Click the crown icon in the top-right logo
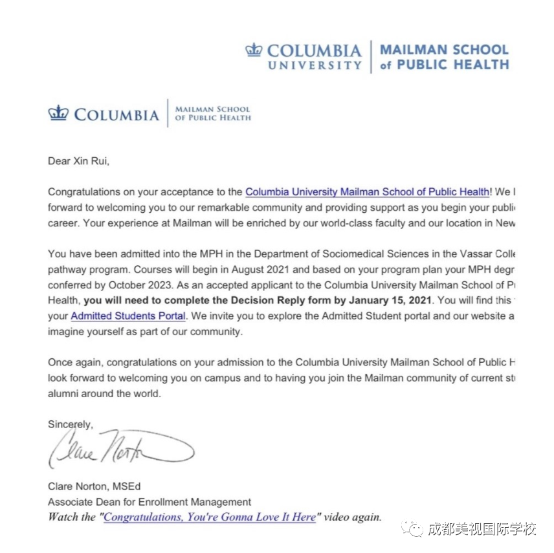point(254,50)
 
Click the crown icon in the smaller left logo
point(58,113)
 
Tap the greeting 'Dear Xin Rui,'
point(78,162)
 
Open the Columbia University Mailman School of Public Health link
point(367,192)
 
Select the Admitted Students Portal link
point(128,316)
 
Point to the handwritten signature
point(120,448)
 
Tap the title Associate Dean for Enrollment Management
point(150,502)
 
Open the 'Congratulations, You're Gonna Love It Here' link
point(210,517)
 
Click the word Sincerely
point(70,424)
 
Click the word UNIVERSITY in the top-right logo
point(315,65)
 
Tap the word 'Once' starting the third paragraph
point(60,363)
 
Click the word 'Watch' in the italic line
point(63,517)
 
